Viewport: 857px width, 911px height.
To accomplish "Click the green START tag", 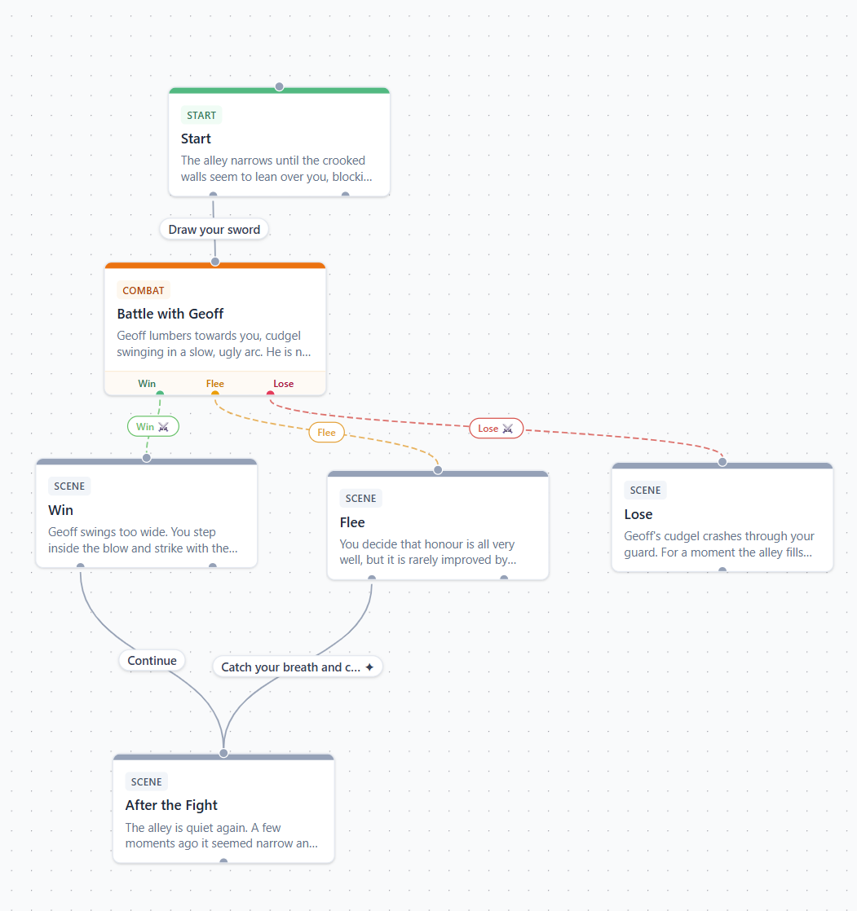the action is (201, 115).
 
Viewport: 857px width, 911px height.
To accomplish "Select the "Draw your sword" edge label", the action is (214, 230).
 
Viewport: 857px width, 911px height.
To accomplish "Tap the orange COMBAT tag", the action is (143, 291).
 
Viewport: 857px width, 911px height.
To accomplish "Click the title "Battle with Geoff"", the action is (170, 314).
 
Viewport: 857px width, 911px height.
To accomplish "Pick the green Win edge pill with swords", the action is (153, 426).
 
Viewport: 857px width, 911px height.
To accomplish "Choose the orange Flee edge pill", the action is (326, 432).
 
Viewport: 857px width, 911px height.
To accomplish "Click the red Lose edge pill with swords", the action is (496, 428).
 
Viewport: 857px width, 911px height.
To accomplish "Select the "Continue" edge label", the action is (152, 661).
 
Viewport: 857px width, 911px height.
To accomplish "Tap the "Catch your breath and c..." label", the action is (291, 667).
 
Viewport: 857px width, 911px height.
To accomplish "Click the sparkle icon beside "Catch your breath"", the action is (369, 667).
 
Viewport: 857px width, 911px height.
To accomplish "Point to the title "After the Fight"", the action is (171, 805).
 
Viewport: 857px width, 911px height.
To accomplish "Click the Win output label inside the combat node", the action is (147, 384).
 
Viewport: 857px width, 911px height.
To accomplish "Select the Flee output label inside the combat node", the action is (215, 384).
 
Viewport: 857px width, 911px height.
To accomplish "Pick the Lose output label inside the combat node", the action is (283, 384).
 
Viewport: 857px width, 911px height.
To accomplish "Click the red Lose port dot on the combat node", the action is (271, 394).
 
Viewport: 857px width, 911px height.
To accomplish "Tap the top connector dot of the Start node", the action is (279, 86).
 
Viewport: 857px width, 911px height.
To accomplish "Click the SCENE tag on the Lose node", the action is (645, 491).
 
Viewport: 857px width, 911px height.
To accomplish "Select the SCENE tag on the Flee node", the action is (360, 499).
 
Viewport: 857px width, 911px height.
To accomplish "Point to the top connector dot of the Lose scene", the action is (722, 462).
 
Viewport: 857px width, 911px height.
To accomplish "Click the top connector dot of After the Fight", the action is (224, 754).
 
